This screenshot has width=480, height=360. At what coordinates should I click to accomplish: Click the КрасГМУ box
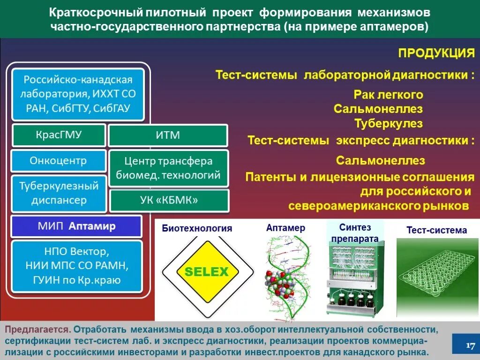coord(59,135)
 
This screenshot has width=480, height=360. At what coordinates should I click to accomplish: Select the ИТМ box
coord(168,135)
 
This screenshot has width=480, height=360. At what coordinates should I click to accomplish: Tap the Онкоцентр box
coord(59,161)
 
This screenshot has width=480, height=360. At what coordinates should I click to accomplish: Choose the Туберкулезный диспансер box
coord(59,193)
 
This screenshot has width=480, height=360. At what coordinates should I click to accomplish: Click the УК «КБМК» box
coord(169,200)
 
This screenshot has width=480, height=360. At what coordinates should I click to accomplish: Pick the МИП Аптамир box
coord(76,226)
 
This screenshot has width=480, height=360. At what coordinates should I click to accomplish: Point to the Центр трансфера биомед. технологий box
coord(168,168)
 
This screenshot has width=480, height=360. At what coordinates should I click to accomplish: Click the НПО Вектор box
coord(76,266)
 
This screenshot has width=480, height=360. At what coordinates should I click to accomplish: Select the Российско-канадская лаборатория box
coord(78,94)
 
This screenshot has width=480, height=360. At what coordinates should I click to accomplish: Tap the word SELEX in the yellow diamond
coord(206,271)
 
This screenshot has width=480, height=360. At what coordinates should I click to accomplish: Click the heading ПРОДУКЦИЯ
coord(436,53)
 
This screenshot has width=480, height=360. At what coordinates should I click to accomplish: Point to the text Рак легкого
coord(388,95)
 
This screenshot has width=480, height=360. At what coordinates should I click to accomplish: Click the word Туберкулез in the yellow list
coord(389,124)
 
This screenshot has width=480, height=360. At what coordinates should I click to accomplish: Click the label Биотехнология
coord(197,229)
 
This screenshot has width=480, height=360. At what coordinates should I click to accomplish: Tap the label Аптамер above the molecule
coord(285,228)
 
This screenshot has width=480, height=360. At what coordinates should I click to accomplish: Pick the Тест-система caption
coord(436,230)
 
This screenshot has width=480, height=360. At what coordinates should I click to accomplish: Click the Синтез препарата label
coord(355,233)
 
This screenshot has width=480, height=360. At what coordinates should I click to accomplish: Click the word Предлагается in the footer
coord(37,330)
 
